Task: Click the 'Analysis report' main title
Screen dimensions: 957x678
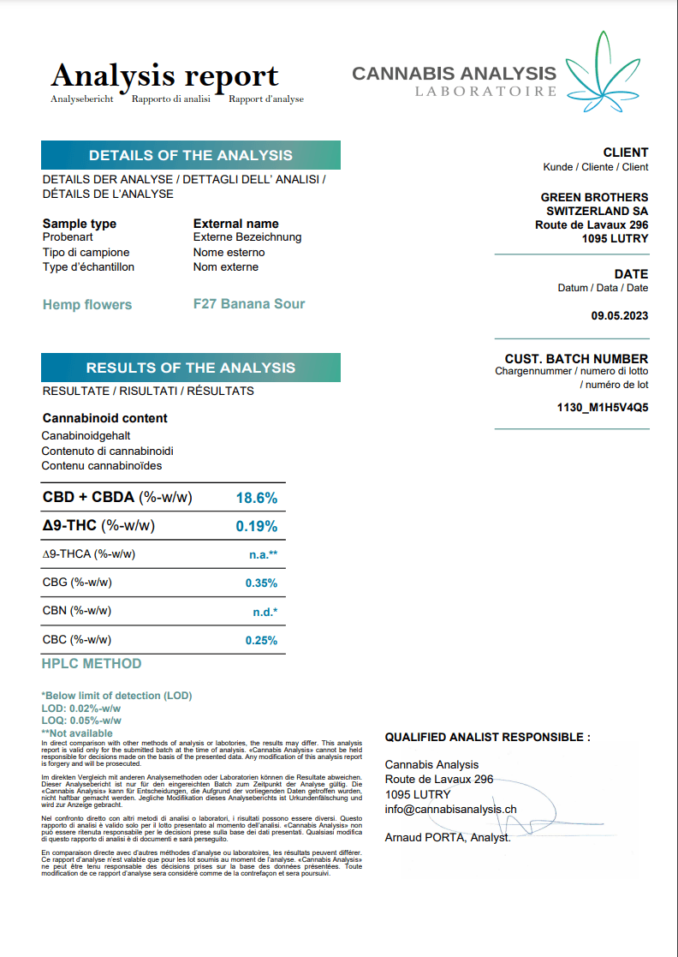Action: (x=164, y=76)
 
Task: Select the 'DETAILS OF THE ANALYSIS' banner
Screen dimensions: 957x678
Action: (x=191, y=155)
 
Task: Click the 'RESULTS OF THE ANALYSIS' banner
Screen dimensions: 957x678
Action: (x=191, y=368)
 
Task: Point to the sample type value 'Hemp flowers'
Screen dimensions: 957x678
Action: (x=87, y=304)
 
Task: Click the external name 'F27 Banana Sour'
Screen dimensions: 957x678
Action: (x=249, y=303)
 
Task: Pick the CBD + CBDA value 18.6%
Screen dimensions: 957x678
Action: (x=256, y=498)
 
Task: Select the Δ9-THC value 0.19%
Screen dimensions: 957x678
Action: (x=256, y=526)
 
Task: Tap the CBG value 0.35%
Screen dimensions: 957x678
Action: (x=261, y=583)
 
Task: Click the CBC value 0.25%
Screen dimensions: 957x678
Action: (x=261, y=640)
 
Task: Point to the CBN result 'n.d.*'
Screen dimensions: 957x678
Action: (x=263, y=612)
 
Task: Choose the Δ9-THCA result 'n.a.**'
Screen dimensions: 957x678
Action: (x=263, y=554)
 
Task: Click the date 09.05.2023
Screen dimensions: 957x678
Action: (x=620, y=315)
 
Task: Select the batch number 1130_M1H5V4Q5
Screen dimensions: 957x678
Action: (x=603, y=407)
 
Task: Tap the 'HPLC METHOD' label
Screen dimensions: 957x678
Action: (x=92, y=663)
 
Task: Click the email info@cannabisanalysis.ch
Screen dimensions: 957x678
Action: (x=450, y=809)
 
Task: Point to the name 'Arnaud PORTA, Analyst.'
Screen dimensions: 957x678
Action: (x=448, y=837)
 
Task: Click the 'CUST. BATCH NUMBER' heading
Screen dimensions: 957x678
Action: (x=576, y=359)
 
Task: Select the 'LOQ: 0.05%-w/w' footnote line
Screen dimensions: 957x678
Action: (x=81, y=721)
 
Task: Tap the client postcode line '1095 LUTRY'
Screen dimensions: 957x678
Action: (x=615, y=238)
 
